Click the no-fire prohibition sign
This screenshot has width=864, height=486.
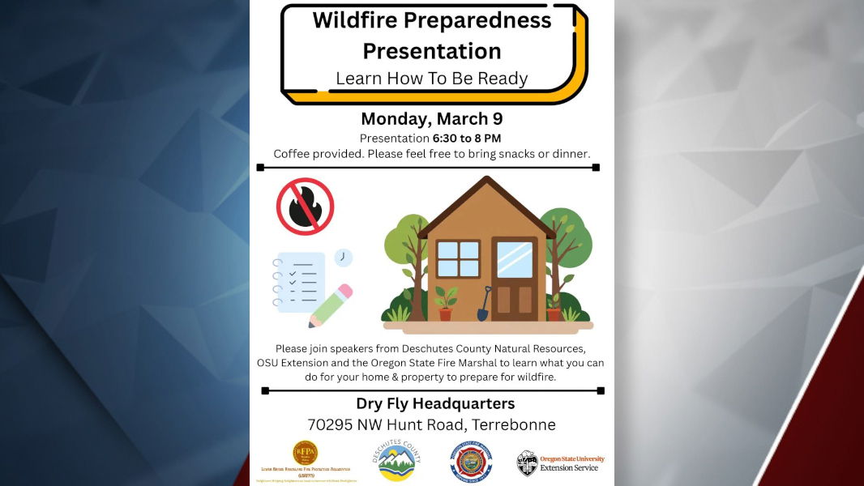tap(306, 207)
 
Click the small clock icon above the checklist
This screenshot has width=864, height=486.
tap(344, 258)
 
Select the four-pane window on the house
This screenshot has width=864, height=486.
tap(458, 259)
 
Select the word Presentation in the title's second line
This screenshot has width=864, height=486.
tap(431, 51)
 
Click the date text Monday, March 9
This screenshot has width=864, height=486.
tap(431, 119)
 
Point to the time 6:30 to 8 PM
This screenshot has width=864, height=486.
tap(467, 139)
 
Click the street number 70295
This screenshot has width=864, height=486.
tap(333, 424)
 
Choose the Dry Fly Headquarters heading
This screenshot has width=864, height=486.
tap(435, 403)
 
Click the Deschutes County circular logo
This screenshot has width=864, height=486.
tap(396, 461)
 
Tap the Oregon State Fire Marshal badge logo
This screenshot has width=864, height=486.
tap(471, 462)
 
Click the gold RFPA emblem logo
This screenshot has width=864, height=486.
tap(305, 453)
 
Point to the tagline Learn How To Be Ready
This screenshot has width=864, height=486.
tap(431, 79)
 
